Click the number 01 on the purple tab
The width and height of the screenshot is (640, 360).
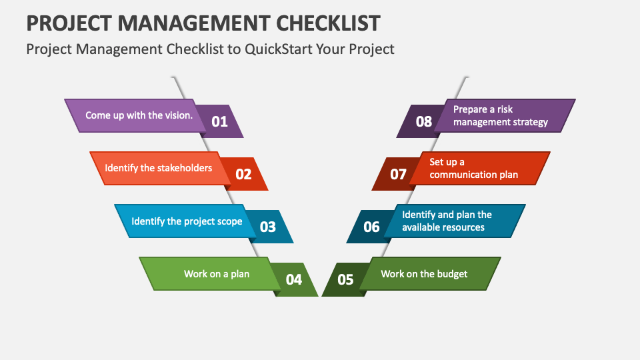pyautogui.click(x=219, y=121)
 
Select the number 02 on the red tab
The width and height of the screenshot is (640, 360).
pyautogui.click(x=244, y=174)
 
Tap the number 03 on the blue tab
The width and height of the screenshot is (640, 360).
pyautogui.click(x=268, y=227)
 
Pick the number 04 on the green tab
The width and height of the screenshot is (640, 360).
pyautogui.click(x=294, y=279)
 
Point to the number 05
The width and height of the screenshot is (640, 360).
pyautogui.click(x=345, y=279)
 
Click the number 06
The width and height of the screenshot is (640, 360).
pyautogui.click(x=371, y=227)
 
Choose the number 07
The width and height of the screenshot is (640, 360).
pyautogui.click(x=398, y=174)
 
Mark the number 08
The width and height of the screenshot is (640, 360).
pyautogui.click(x=424, y=121)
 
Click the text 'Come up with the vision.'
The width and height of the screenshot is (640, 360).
pyautogui.click(x=139, y=115)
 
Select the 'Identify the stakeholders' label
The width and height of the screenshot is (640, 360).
pyautogui.click(x=159, y=168)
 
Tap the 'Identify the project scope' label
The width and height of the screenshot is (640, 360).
pyautogui.click(x=187, y=221)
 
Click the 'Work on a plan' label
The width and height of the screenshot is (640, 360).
pyautogui.click(x=216, y=274)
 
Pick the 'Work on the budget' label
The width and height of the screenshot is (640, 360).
pyautogui.click(x=424, y=274)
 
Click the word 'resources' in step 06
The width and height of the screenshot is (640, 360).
pyautogui.click(x=465, y=227)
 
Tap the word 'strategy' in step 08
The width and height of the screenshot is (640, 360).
pyautogui.click(x=530, y=123)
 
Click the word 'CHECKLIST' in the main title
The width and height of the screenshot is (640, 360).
pyautogui.click(x=328, y=23)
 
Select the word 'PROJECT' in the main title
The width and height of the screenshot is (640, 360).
pyautogui.click(x=69, y=23)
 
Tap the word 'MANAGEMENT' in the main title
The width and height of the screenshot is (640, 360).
pyautogui.click(x=194, y=23)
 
